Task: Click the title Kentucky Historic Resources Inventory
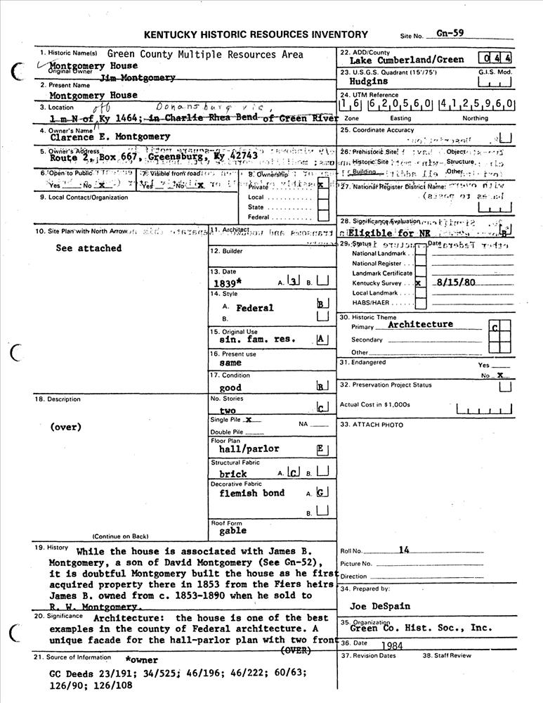point(256,34)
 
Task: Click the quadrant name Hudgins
point(368,82)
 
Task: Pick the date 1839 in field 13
point(228,284)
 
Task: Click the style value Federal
point(255,308)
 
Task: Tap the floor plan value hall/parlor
point(249,449)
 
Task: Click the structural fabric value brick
point(233,474)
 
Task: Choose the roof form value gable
point(233,531)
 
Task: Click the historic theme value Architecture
point(420,324)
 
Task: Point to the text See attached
point(89,248)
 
